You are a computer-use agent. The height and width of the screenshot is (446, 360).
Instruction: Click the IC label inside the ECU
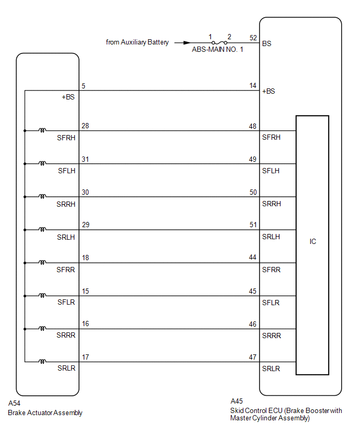(313, 242)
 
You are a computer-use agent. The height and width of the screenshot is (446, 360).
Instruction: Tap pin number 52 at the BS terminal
(253, 38)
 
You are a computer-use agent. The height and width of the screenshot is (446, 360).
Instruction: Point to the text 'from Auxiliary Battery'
(137, 42)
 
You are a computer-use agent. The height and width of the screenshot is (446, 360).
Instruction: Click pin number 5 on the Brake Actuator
(84, 86)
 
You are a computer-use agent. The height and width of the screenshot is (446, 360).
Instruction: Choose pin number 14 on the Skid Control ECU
(253, 86)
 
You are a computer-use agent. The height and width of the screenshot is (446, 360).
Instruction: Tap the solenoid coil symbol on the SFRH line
(42, 130)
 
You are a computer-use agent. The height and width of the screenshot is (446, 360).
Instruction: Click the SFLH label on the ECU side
(271, 171)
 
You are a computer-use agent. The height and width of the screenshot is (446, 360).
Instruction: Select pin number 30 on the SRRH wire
(85, 192)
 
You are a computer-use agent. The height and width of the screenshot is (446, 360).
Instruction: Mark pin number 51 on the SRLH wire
(253, 225)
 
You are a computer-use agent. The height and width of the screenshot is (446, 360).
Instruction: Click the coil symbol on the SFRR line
(42, 262)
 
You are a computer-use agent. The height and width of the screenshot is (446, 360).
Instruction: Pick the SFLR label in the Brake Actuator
(66, 303)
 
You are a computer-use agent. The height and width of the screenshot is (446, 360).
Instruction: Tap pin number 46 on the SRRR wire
(253, 325)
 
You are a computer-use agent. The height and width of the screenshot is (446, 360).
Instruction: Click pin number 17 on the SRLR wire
(85, 357)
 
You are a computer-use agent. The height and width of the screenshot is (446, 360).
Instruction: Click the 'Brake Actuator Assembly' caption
(45, 412)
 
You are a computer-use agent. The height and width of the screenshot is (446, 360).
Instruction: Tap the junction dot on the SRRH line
(25, 197)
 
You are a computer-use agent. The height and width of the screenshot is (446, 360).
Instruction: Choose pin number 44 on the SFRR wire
(253, 258)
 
